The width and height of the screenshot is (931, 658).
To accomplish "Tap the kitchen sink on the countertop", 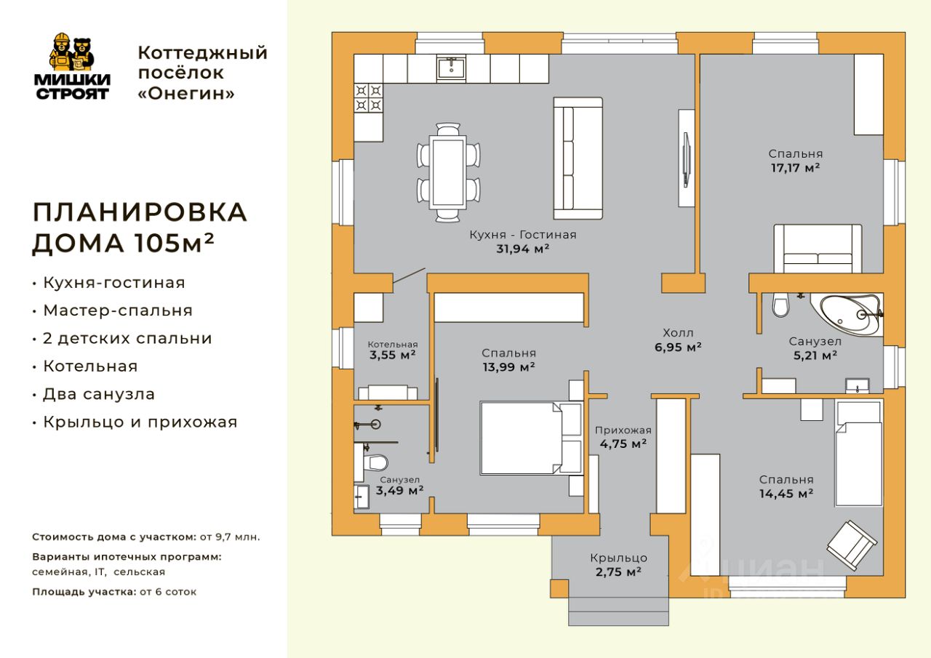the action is [452, 68].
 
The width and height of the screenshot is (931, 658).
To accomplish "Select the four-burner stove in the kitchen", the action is [368, 98].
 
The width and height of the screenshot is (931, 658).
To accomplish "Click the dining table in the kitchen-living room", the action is [448, 172].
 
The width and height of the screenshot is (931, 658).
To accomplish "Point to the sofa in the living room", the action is [578, 159].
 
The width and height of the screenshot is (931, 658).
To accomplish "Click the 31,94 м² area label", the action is [522, 249].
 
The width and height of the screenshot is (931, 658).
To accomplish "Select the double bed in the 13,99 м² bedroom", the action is [531, 438].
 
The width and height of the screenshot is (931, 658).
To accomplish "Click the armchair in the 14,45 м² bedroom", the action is [852, 545].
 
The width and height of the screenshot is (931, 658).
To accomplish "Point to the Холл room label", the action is [678, 333].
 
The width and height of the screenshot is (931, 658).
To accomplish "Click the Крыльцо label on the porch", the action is [618, 558].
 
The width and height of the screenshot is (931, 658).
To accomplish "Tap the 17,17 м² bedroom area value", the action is [795, 168].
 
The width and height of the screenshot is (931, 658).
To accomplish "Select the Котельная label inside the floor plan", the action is [392, 345].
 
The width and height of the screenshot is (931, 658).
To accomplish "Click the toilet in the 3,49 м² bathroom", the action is [375, 462].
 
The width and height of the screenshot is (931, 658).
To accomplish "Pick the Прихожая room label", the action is [623, 430].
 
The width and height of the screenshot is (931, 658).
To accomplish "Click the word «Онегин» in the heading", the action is [186, 94].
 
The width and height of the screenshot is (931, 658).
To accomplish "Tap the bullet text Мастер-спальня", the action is [118, 310].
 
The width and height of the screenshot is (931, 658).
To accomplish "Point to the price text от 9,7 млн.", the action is [230, 537].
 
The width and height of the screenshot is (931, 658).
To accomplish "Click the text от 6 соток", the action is [168, 592].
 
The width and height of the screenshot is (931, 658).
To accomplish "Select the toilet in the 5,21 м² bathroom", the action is [780, 305].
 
